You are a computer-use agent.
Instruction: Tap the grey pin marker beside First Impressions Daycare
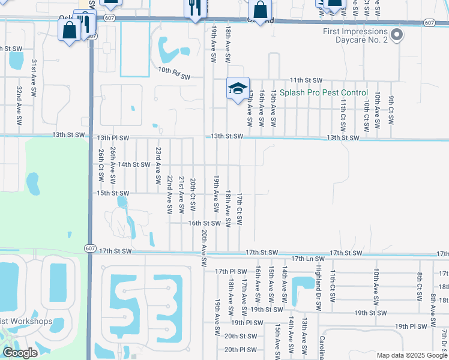pos(396,35)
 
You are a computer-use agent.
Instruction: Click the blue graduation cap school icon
pos(238,88)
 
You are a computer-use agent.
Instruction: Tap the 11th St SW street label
pos(306,80)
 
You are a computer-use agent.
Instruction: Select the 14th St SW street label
pos(133,164)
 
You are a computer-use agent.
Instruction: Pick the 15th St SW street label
pos(113,193)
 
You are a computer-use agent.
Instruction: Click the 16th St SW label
pos(204,223)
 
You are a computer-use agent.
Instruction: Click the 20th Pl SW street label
pos(240,349)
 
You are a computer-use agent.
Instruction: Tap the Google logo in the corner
pos(20,353)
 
